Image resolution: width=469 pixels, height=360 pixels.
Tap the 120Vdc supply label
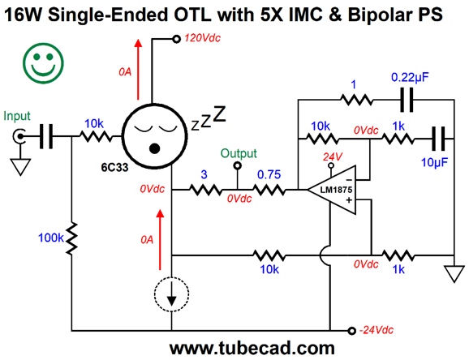203,38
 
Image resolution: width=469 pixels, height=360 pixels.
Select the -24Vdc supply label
376,330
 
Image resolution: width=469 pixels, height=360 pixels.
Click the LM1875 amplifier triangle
332,190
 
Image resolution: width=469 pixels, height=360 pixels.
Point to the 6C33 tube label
114,168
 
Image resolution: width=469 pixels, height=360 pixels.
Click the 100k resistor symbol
71,238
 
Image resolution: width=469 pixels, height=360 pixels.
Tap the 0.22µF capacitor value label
410,78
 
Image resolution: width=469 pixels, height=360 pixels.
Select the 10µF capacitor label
434,162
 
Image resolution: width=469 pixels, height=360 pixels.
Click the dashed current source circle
171,294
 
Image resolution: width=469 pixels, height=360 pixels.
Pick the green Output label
239,153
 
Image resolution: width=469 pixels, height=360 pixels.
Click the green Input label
17,116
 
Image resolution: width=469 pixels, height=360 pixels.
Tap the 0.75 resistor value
269,174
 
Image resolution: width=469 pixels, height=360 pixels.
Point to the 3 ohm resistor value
204,174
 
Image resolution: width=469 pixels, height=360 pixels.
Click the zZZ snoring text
209,118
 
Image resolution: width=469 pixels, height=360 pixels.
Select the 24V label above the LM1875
333,156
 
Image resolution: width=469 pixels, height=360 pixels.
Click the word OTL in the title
193,15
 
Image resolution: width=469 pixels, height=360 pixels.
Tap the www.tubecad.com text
252,349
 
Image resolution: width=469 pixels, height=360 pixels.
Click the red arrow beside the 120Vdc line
138,69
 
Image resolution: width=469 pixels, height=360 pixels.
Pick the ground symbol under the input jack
20,167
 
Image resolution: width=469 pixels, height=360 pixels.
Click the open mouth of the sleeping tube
154,148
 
